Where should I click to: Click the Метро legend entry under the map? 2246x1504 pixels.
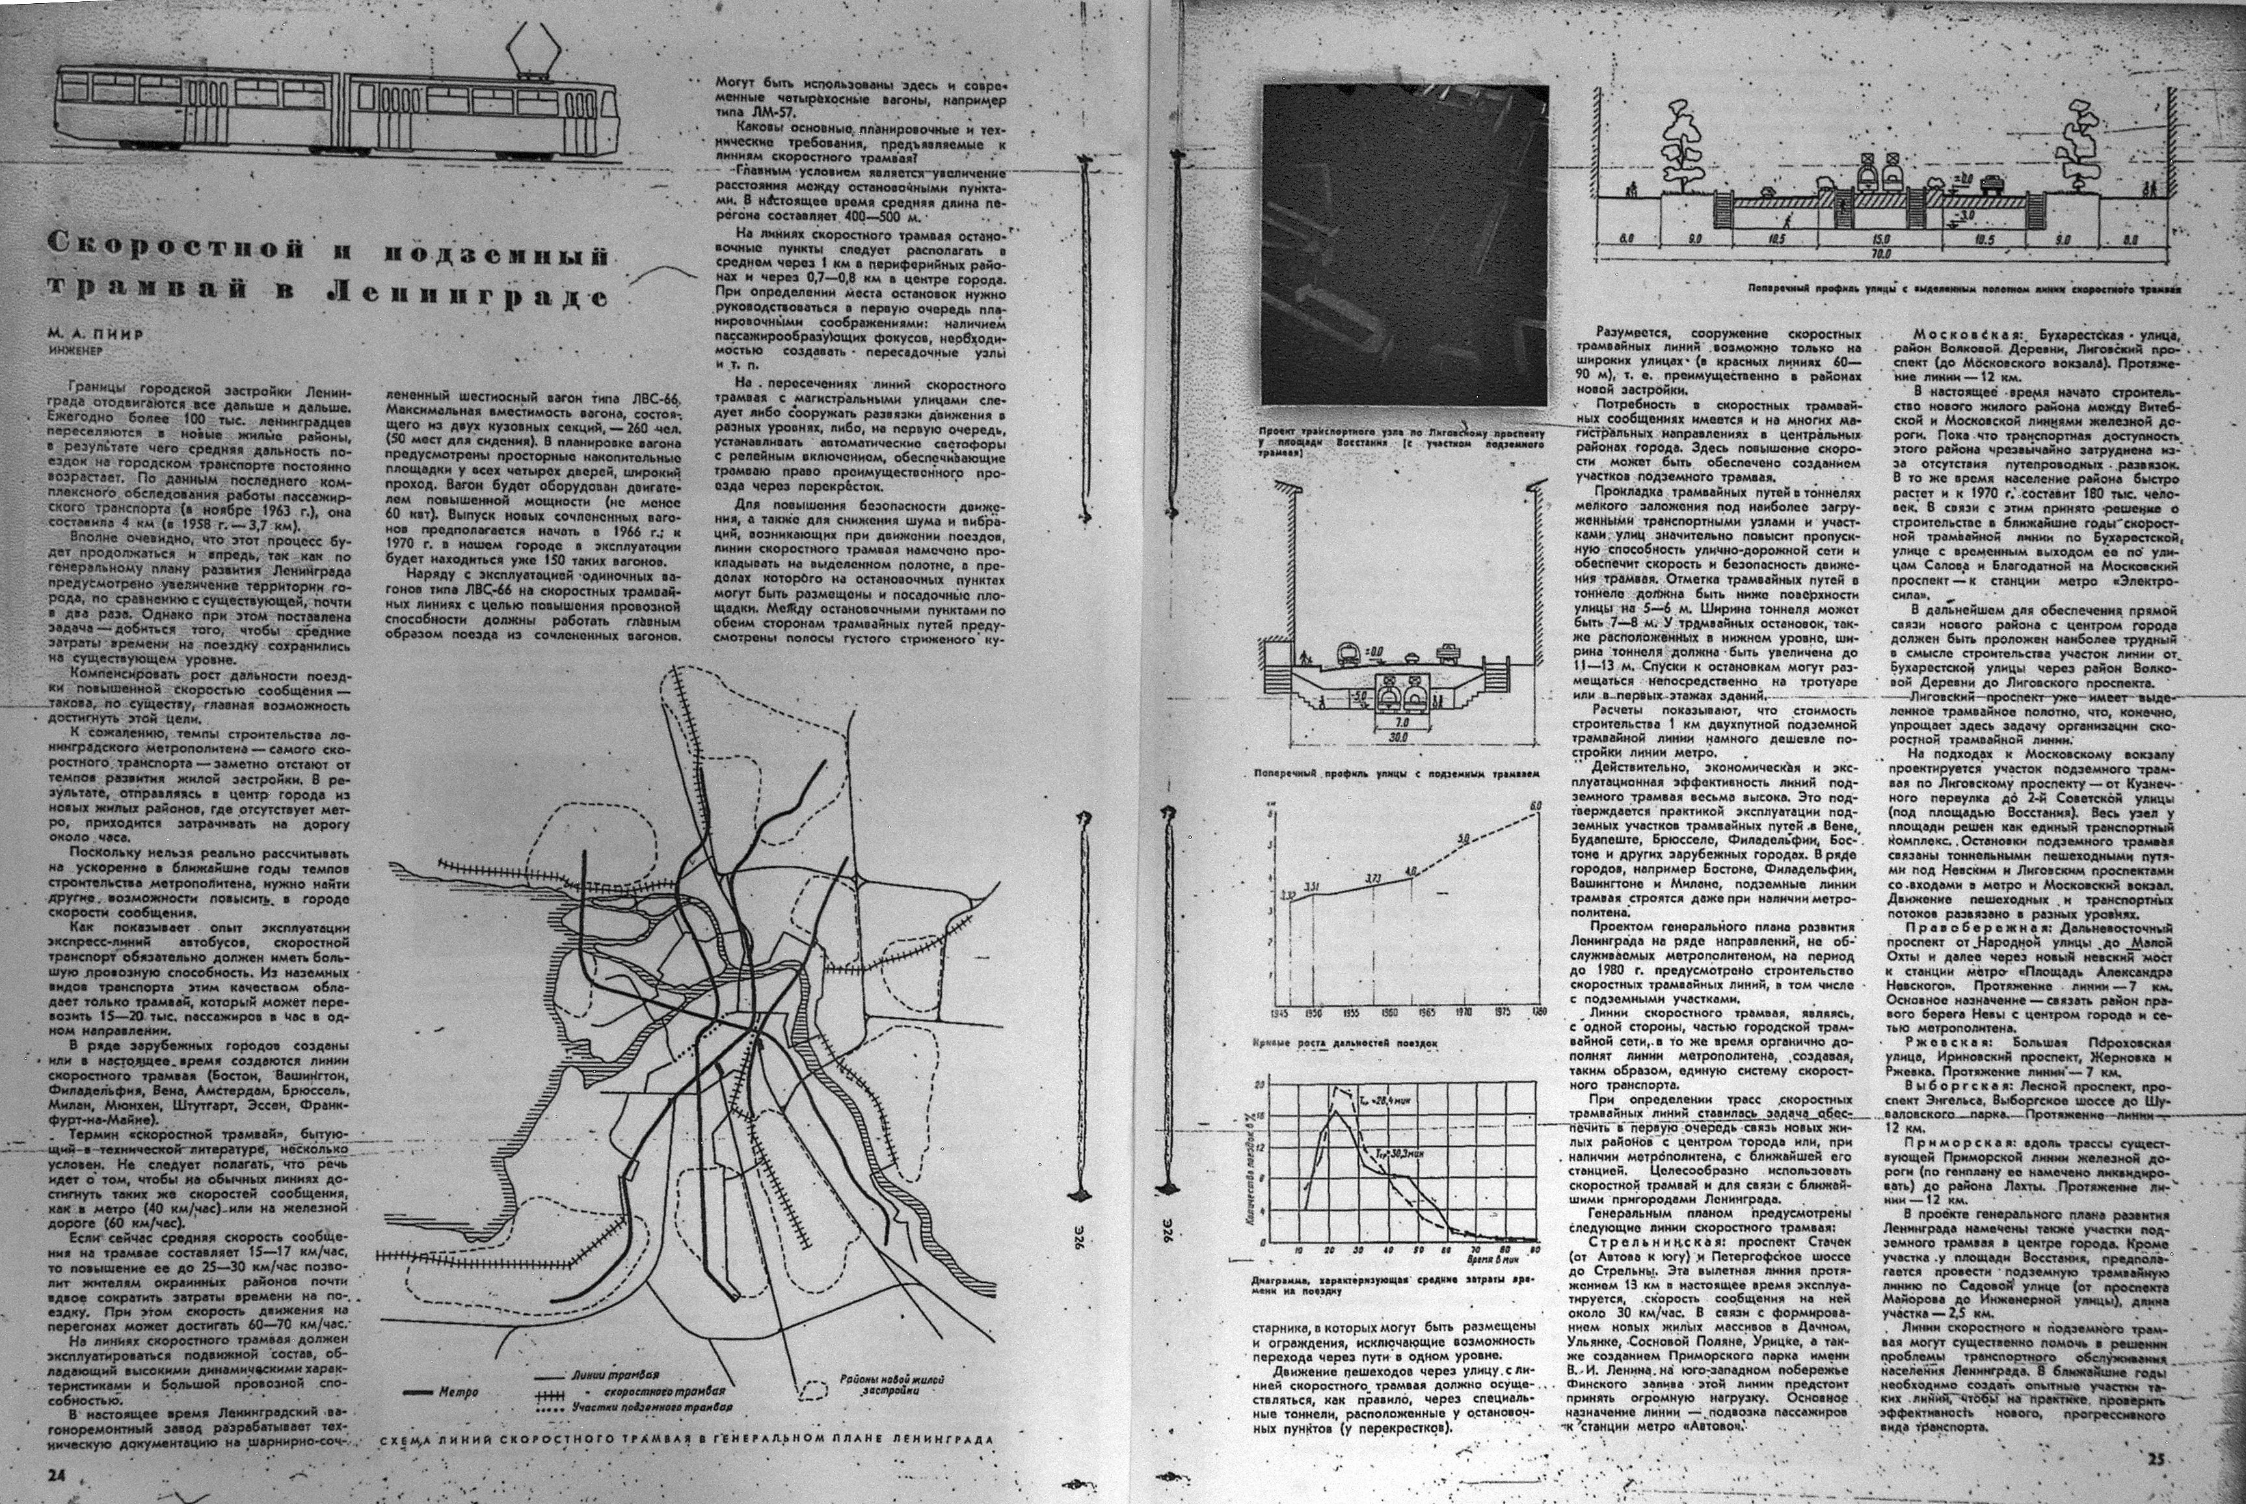(x=457, y=1391)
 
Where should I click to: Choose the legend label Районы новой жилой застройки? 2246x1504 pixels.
(x=890, y=1383)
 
